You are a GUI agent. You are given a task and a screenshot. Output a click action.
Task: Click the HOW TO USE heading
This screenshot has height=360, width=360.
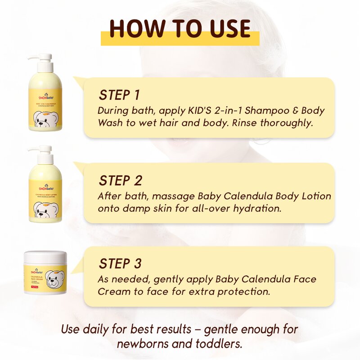click(180, 29)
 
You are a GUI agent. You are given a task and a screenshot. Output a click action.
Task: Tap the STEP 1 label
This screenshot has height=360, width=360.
click(119, 95)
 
